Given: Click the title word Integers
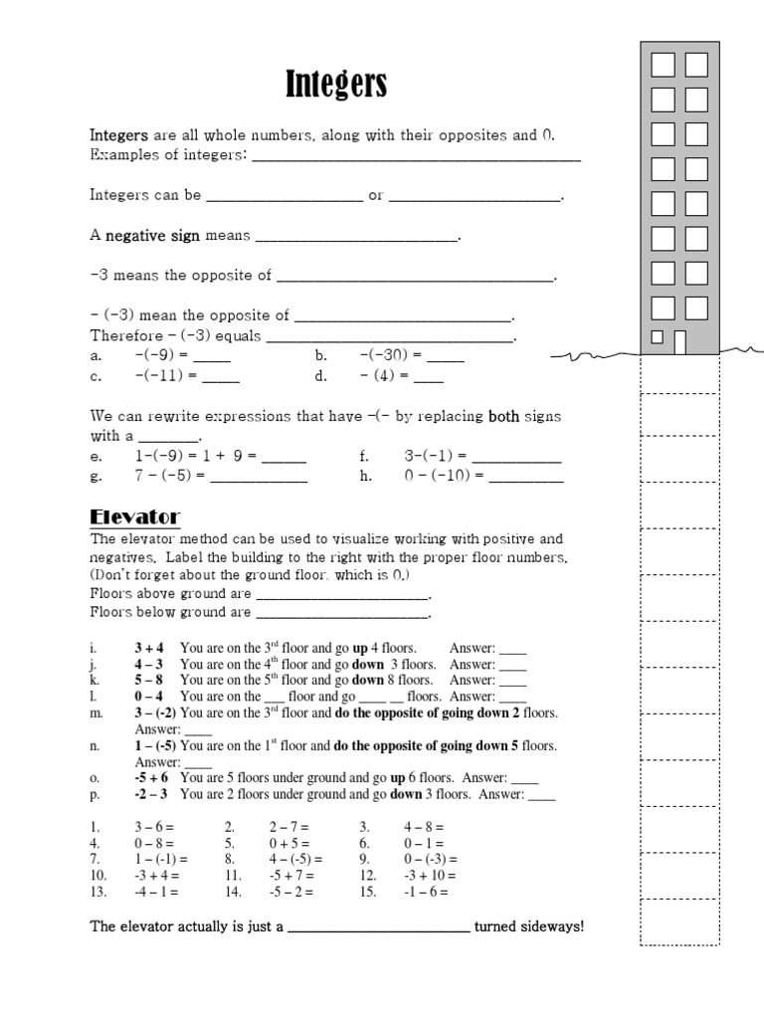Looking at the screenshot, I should pyautogui.click(x=336, y=86).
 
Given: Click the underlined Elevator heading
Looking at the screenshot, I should pyautogui.click(x=135, y=516).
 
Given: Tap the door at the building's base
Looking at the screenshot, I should pyautogui.click(x=680, y=341).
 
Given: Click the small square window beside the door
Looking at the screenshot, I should pyautogui.click(x=657, y=337).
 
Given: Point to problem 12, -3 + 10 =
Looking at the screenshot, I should pyautogui.click(x=430, y=876).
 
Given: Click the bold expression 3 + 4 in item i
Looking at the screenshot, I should pyautogui.click(x=149, y=648).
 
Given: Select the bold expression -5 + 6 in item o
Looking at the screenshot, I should pyautogui.click(x=151, y=778).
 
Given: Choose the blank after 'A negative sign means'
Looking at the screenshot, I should pyautogui.click(x=357, y=237).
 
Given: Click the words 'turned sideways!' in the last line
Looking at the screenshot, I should pyautogui.click(x=529, y=926).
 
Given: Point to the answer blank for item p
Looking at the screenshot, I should pyautogui.click(x=542, y=795).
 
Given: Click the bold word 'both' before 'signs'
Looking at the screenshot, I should pyautogui.click(x=504, y=417).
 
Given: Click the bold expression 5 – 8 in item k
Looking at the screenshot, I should pyautogui.click(x=149, y=681).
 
